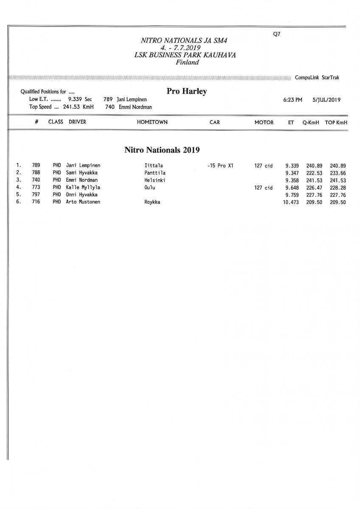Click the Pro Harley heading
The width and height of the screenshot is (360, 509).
(x=187, y=92)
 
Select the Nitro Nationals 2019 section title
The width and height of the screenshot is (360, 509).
(x=162, y=150)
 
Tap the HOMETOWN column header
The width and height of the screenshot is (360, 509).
(x=152, y=122)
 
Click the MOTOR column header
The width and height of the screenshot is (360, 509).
(x=264, y=122)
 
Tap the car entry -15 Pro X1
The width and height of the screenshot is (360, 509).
(x=220, y=166)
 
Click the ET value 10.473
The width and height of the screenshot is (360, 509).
(x=291, y=202)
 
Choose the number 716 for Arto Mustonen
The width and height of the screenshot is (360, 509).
(x=36, y=202)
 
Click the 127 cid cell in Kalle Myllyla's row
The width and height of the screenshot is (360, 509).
(x=263, y=187)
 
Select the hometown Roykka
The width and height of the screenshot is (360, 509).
(x=152, y=202)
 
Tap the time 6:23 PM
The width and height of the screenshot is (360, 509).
(x=292, y=100)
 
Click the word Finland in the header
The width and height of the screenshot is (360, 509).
(x=187, y=62)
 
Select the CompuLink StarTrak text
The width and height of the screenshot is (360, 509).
(x=317, y=78)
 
